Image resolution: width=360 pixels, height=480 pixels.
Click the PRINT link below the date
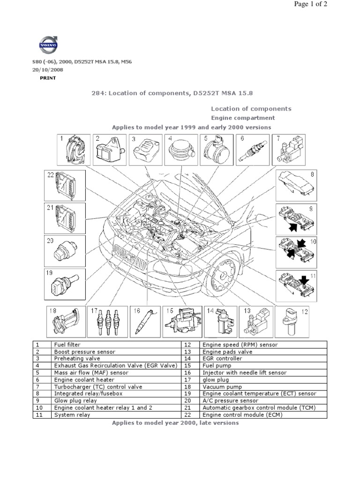(47, 78)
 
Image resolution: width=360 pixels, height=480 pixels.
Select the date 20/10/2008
(48, 70)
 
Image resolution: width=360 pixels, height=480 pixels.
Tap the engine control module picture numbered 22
(65, 185)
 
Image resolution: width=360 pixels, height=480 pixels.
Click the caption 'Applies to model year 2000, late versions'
(175, 423)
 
